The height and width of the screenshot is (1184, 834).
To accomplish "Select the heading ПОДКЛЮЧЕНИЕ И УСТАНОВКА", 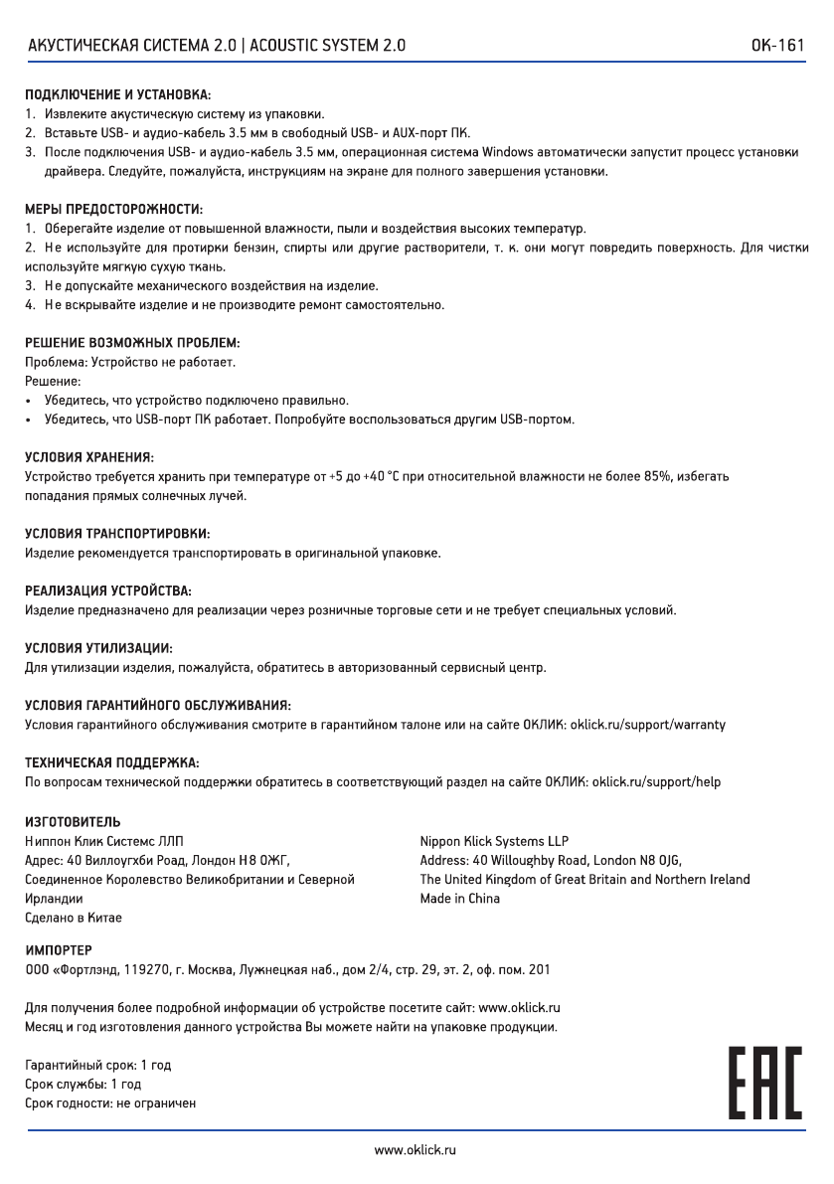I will tap(117, 95).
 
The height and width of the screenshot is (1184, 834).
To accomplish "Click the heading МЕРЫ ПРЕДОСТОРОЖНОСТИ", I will tap(113, 210).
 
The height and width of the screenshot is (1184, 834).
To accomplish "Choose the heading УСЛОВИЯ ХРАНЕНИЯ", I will tap(88, 457).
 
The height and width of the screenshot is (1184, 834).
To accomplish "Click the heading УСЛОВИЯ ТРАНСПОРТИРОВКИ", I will tap(117, 534).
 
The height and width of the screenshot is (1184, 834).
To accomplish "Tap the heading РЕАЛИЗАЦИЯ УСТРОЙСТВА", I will tap(107, 592).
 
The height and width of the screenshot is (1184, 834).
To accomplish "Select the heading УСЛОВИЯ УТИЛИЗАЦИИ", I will tap(98, 648).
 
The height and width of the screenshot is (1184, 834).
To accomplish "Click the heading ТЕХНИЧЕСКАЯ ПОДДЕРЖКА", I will tap(111, 762).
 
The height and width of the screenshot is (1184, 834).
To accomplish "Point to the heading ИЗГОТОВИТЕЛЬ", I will tap(73, 822).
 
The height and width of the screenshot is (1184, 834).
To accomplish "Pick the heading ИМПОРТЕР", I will tap(58, 950).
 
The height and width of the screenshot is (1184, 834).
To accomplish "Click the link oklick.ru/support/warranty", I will tap(647, 725).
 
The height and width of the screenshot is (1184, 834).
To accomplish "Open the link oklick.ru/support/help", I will tap(656, 782).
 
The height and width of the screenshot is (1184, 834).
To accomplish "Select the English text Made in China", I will tap(459, 899).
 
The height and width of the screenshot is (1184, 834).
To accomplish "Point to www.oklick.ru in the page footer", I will tap(416, 1150).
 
